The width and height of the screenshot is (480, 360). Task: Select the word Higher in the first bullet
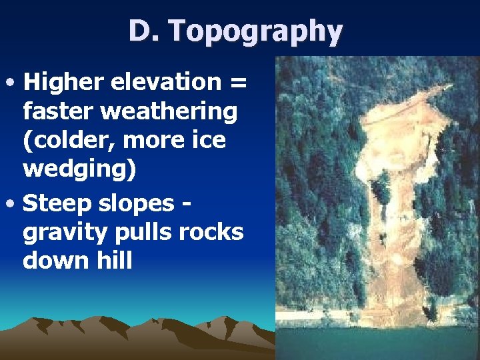[65, 83]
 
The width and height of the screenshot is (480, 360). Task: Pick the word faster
[58, 112]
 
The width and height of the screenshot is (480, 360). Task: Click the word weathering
[169, 112]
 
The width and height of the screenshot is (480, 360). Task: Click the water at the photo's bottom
[377, 340]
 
